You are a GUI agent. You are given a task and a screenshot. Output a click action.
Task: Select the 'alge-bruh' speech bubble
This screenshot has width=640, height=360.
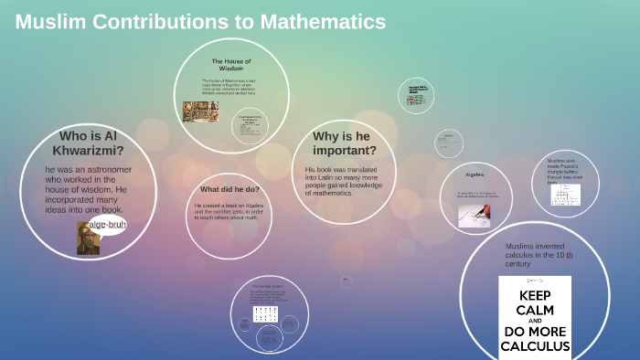pos(107,225)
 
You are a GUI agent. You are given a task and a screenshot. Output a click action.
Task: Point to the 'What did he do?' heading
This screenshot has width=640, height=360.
pos(230,189)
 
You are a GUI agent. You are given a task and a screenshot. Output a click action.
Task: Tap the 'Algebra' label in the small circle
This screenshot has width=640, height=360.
pos(475,174)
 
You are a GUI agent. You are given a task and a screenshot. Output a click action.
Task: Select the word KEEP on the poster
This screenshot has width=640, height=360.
pos(534,296)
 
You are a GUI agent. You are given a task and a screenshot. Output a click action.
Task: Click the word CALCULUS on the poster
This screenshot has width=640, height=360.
pos(535,347)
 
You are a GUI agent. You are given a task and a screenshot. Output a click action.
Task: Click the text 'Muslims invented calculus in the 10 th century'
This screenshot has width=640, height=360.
pos(539,255)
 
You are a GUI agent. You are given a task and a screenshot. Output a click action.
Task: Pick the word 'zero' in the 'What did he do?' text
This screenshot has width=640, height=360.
pos(251,213)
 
